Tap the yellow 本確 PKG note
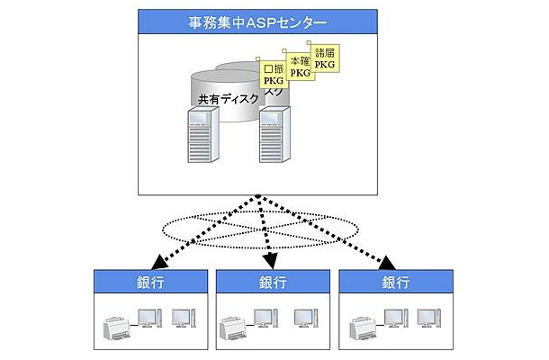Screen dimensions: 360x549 click(301, 63)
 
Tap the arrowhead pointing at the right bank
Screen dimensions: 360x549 click(386, 262)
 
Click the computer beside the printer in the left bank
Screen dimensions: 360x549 click(146, 318)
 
